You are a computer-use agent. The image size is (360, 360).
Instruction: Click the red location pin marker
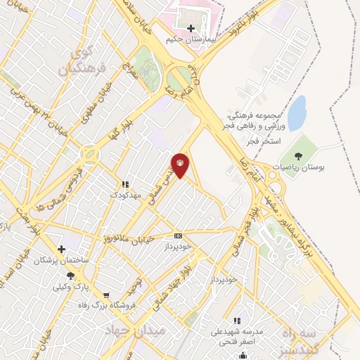click(181, 165)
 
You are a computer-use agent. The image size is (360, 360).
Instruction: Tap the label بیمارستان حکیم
click(190, 41)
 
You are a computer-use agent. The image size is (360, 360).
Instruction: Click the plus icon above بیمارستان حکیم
click(190, 29)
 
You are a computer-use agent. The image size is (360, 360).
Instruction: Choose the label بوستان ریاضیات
click(294, 169)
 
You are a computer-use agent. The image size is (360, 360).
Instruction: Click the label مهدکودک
click(127, 193)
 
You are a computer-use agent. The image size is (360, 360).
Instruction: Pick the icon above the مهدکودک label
click(125, 184)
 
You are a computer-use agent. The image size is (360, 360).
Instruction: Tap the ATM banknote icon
click(178, 236)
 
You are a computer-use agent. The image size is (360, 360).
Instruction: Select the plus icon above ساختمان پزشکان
click(62, 249)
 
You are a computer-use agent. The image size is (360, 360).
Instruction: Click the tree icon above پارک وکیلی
click(70, 276)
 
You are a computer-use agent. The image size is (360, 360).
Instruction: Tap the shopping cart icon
click(106, 295)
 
